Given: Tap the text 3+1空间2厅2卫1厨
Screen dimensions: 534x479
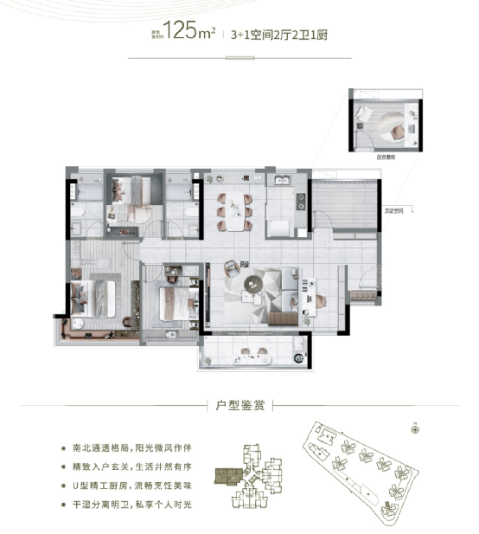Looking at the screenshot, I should click(280, 35).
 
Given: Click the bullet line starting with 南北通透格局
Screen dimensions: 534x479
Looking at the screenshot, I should click(133, 449).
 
